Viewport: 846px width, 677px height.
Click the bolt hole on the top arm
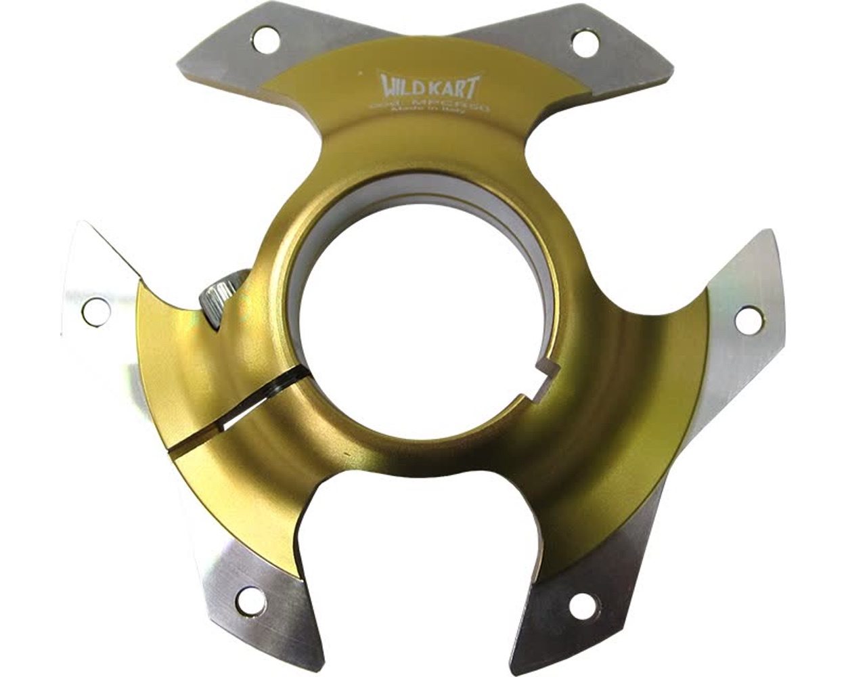pyautogui.click(x=581, y=43)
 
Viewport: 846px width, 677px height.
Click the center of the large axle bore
pyautogui.click(x=423, y=318)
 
